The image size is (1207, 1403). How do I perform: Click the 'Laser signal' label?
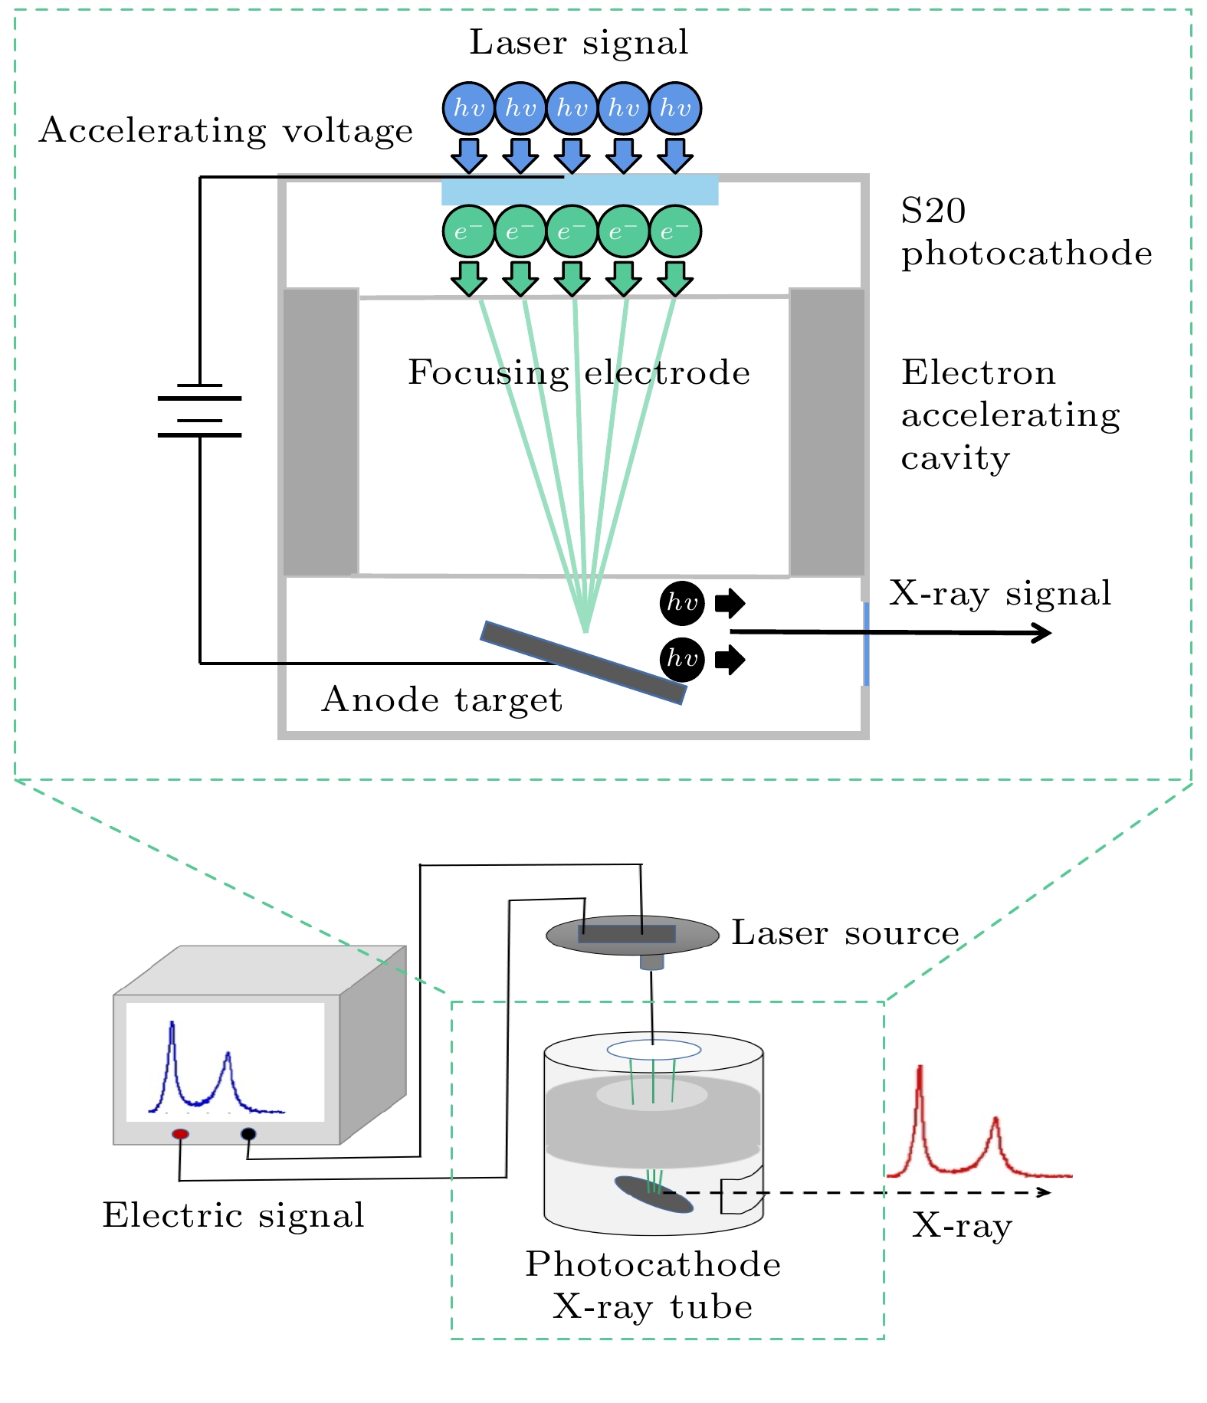coord(579,43)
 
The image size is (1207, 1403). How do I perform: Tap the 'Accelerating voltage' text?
coord(226,131)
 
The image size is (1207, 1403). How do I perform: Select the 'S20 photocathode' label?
coord(1025,232)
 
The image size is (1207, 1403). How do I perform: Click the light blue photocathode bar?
coord(579,191)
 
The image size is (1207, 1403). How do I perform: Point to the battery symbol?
coord(199,410)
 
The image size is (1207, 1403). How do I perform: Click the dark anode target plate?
coord(583,662)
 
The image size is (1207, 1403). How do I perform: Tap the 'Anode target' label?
coord(442,700)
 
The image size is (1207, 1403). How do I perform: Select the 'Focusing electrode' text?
coord(579,373)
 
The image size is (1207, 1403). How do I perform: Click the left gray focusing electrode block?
coord(320,431)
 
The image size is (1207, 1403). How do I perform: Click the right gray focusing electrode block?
coord(827,431)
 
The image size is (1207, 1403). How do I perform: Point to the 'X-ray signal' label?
coord(1000,594)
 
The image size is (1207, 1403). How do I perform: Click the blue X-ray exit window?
coord(866,644)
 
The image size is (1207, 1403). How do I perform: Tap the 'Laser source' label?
coord(845,933)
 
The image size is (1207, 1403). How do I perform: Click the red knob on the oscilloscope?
coord(180,1134)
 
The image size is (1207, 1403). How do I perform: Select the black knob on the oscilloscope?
coord(248,1133)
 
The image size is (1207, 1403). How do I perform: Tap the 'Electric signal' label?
coord(233,1216)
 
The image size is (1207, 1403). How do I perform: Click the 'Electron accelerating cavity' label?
coord(1010,415)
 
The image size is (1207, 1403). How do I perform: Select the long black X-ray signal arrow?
coord(889,632)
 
